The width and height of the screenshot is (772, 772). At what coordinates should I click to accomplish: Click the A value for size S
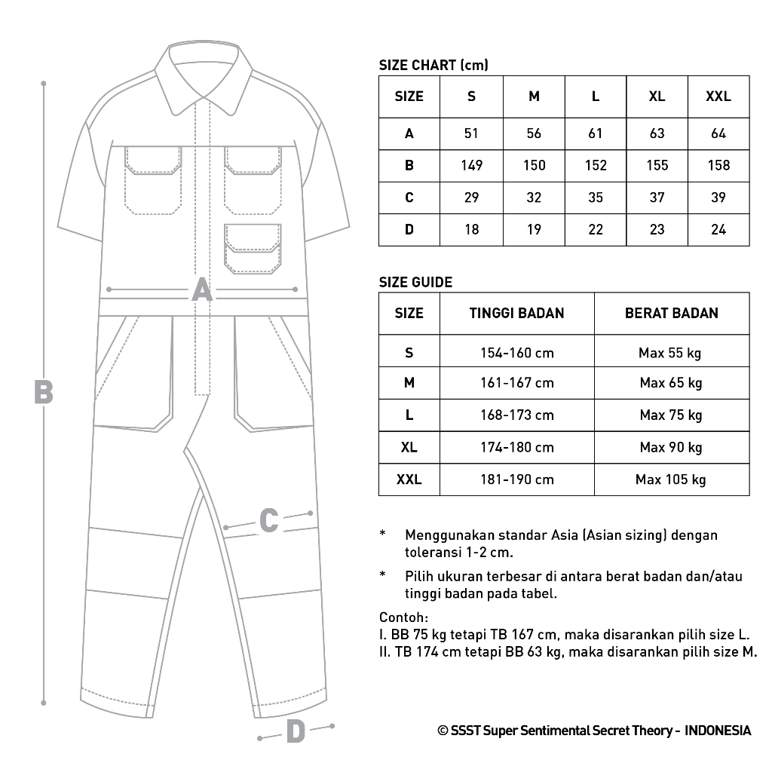click(x=471, y=133)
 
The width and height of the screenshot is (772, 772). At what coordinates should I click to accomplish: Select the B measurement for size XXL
click(x=718, y=165)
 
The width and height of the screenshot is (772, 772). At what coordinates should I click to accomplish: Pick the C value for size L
click(x=596, y=198)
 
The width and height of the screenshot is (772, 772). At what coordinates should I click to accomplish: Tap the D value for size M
click(x=534, y=229)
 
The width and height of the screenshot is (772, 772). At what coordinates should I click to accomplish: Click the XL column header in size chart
click(x=657, y=96)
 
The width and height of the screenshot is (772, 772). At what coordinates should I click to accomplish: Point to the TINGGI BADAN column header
click(x=516, y=313)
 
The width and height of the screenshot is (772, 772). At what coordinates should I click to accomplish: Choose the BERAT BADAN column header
click(x=672, y=313)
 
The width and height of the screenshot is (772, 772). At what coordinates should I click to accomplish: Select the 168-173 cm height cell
click(x=516, y=415)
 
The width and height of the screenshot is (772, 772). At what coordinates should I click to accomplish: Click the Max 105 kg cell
click(x=671, y=479)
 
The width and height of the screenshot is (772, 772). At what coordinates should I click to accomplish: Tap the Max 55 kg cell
click(x=671, y=353)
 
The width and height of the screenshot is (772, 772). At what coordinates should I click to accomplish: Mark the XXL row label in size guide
click(x=409, y=479)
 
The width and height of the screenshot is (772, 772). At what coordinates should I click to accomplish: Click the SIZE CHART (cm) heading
click(x=433, y=66)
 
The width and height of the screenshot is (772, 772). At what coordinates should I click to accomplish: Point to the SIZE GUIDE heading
click(x=415, y=283)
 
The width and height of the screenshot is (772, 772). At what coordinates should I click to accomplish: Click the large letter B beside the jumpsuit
click(x=44, y=391)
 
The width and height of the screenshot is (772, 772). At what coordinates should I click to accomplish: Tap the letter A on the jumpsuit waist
click(x=201, y=289)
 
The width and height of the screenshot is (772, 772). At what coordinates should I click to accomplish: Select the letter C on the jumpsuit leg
click(x=269, y=520)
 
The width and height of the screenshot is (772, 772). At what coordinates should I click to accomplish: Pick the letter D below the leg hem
click(x=296, y=731)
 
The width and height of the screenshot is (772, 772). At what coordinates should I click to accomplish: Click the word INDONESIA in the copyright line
click(x=718, y=731)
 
